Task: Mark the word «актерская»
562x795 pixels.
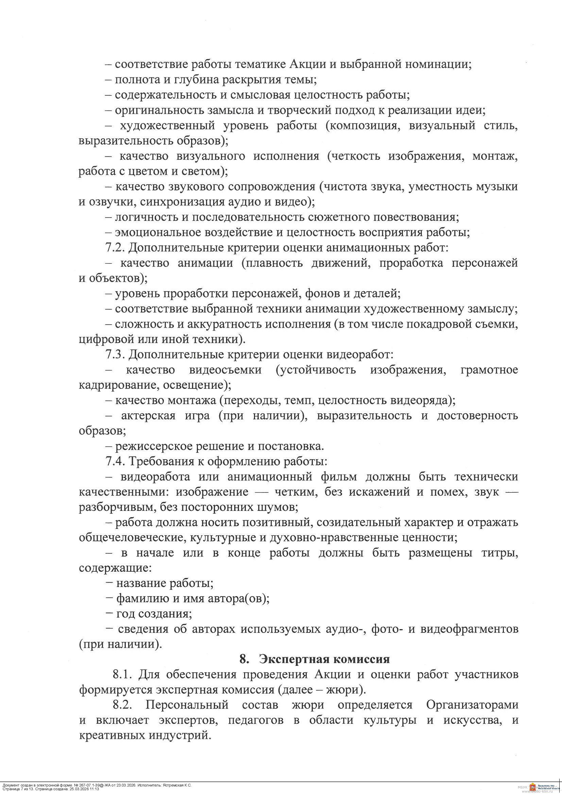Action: point(148,415)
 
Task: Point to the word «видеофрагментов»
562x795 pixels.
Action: point(469,629)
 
